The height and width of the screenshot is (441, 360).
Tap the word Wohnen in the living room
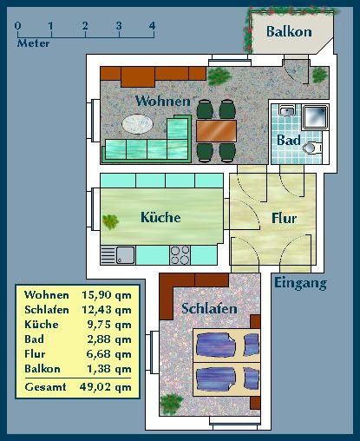point(162,102)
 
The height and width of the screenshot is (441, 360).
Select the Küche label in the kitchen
point(160,217)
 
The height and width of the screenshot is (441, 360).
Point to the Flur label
point(285,219)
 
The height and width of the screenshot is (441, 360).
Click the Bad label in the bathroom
point(288,140)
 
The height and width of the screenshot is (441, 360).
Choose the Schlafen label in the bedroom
point(209,309)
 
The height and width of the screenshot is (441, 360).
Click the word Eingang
point(300,283)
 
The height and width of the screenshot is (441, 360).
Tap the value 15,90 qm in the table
point(107,296)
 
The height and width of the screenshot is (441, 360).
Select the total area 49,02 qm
point(107,387)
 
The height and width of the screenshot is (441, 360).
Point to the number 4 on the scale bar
point(152,25)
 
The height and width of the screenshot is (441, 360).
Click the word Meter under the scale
point(33,43)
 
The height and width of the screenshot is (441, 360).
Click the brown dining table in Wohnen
point(216,130)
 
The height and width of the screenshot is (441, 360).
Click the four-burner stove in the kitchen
point(180,254)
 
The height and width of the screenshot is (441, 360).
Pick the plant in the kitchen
point(111,221)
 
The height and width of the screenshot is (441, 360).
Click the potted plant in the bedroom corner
point(172,404)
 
